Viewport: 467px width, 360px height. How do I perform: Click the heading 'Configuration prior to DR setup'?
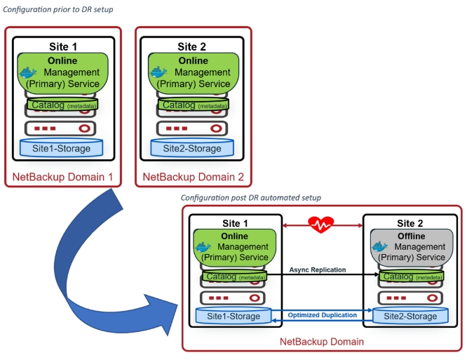tap(59, 9)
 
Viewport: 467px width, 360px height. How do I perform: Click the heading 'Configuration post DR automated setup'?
tap(250, 199)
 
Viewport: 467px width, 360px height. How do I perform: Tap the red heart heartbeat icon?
tap(321, 225)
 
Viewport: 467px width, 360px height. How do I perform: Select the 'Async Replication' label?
tap(317, 270)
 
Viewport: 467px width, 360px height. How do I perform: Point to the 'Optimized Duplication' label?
tap(323, 315)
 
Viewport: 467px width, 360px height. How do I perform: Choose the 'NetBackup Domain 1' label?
tap(64, 177)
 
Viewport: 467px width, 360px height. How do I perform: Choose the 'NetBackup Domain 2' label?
tap(194, 177)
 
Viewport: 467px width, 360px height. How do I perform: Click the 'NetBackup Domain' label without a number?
tap(322, 342)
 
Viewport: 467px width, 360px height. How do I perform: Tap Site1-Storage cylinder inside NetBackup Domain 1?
tap(62, 148)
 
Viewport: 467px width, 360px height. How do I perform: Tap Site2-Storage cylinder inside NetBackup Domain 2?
tap(192, 148)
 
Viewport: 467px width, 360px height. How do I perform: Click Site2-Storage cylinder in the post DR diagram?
tap(411, 316)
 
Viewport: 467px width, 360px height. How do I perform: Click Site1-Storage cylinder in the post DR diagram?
tap(233, 316)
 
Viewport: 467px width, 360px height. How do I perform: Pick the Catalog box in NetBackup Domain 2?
tap(193, 105)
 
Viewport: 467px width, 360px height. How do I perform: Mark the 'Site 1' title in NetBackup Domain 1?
tap(63, 47)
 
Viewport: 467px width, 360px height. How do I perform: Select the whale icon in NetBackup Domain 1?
tap(29, 72)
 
